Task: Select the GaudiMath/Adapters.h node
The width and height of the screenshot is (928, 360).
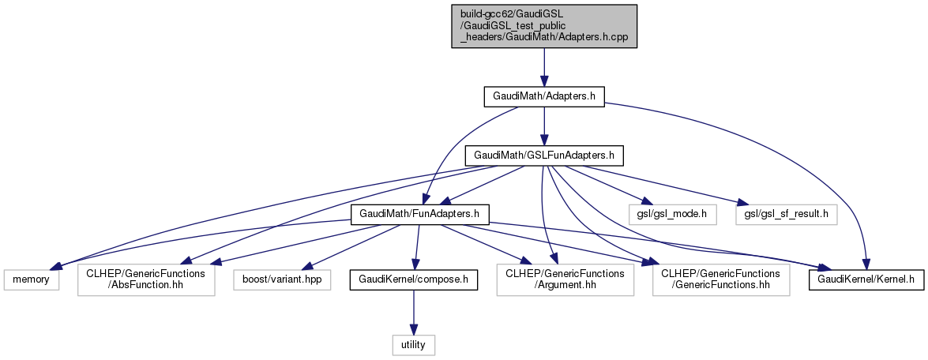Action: point(544,96)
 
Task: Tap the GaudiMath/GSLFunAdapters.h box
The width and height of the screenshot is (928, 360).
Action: point(544,155)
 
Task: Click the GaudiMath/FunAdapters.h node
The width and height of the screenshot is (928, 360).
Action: point(420,214)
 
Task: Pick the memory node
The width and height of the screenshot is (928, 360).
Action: point(31,279)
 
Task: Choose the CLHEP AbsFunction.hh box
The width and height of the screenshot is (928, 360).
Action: point(146,279)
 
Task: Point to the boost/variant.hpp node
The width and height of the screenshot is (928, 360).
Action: point(283,279)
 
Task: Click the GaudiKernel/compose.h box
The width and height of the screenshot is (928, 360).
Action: point(414,279)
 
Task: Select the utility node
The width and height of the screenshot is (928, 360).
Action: point(414,344)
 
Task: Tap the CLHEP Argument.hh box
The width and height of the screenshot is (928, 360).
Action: point(564,279)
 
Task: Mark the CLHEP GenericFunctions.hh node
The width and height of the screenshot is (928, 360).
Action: point(721,279)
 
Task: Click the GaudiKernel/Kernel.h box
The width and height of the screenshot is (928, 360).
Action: point(866,279)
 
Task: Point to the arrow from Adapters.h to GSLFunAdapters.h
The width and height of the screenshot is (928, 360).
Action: point(544,126)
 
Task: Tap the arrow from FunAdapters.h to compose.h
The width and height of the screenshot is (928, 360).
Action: point(417,246)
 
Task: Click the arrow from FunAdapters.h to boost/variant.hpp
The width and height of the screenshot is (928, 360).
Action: point(348,248)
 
